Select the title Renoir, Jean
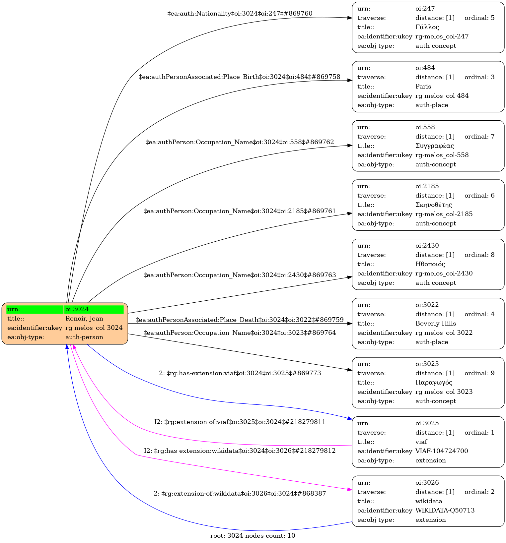coord(84,319)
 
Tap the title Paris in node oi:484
coord(423,87)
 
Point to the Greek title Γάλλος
coord(427,27)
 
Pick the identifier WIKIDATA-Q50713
coord(445,511)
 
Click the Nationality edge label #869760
coord(240,14)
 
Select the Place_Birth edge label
coord(239,77)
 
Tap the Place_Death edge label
coord(239,320)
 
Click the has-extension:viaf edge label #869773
coord(240,373)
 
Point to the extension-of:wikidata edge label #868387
coord(240,494)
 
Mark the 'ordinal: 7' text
coord(479,137)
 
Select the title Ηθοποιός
coord(430,264)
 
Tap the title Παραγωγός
coord(434,383)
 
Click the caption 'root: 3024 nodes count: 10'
coord(253,536)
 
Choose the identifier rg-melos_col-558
coord(442,155)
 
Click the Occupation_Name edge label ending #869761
coord(239,211)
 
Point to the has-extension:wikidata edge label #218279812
coord(240,451)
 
